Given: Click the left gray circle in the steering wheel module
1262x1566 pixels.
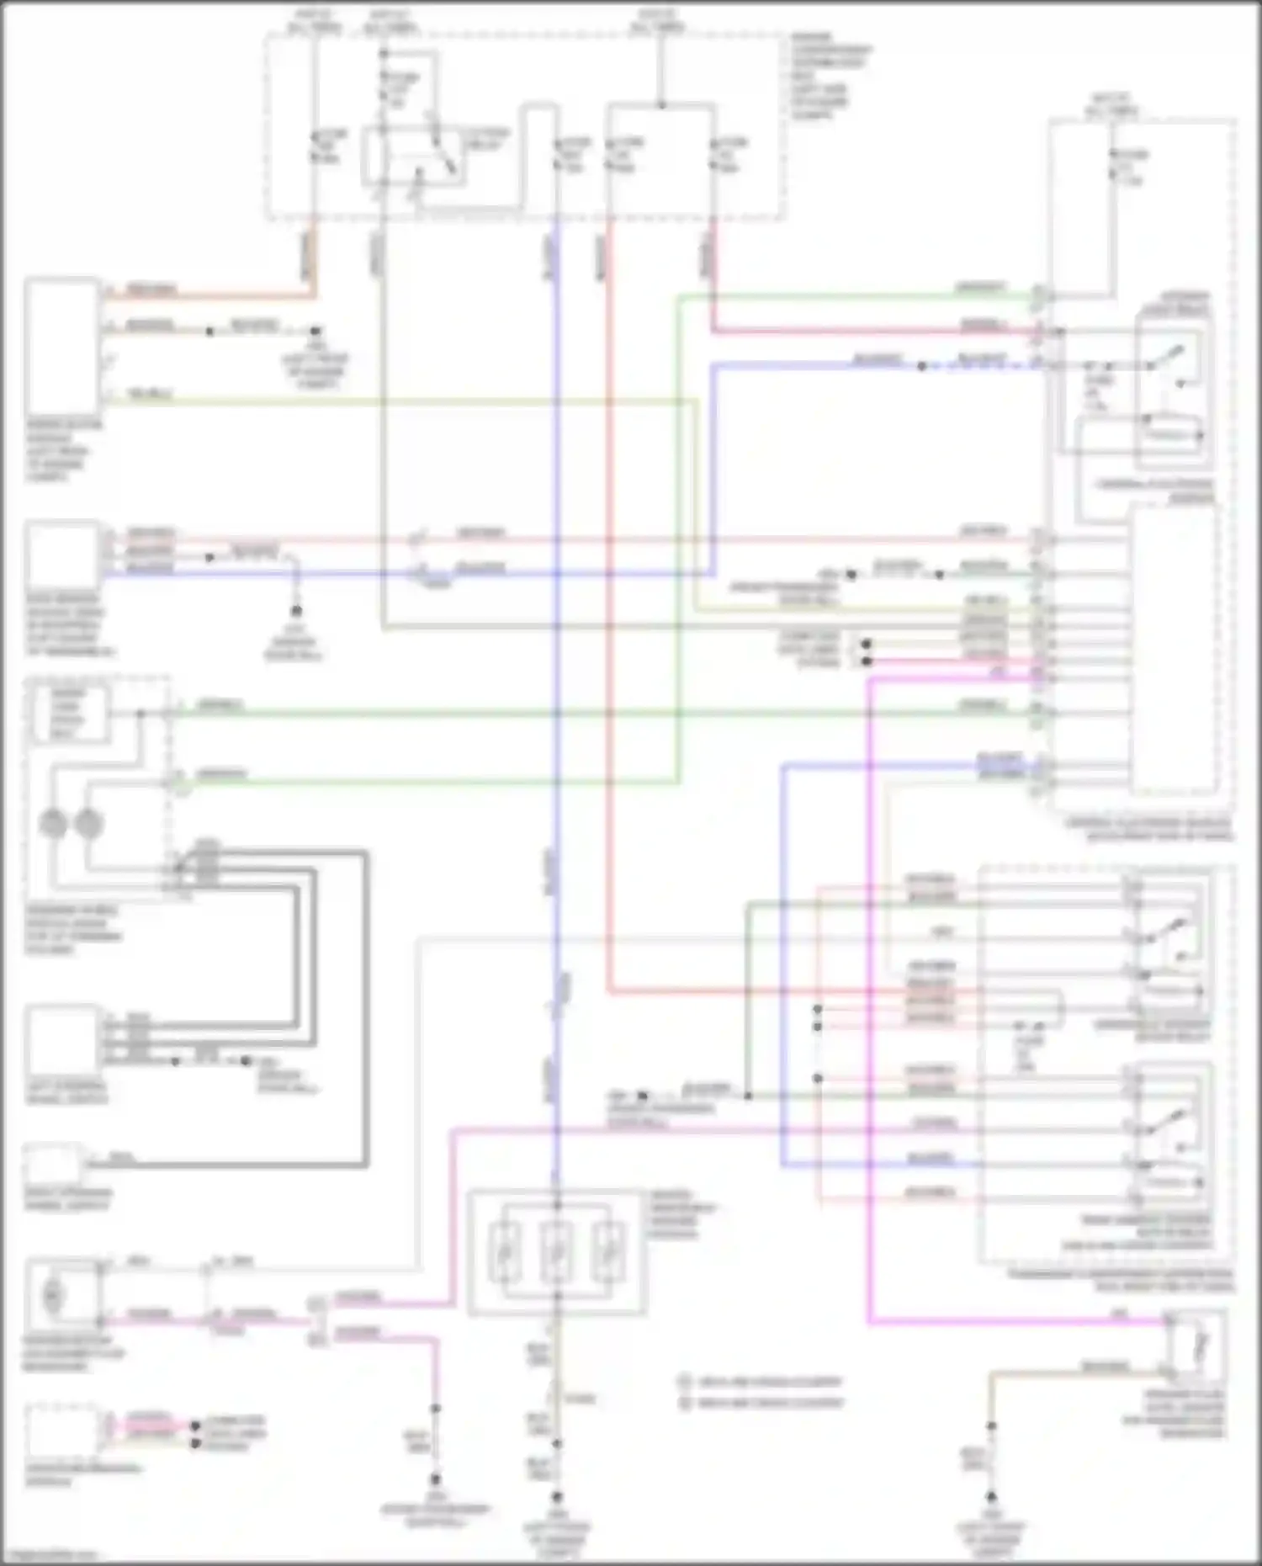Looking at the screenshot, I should (x=54, y=823).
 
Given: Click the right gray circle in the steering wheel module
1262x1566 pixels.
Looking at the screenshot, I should (x=88, y=823).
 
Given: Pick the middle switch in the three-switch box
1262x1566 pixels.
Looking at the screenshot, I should (x=556, y=1252).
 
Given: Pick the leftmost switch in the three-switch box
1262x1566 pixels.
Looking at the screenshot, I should (x=505, y=1252).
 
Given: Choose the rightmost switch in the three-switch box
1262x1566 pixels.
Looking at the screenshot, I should (x=607, y=1252).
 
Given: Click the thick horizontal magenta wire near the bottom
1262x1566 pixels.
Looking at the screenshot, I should (x=1010, y=1323).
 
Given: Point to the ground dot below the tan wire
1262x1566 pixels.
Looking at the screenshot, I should (x=991, y=1498).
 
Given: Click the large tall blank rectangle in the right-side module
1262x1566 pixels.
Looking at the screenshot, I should (x=1173, y=648).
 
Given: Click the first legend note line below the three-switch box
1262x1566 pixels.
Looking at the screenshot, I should (x=761, y=1382).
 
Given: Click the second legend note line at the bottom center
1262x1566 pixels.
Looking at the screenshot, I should (x=761, y=1403).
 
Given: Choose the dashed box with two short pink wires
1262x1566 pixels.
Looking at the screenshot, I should (x=62, y=1428).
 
